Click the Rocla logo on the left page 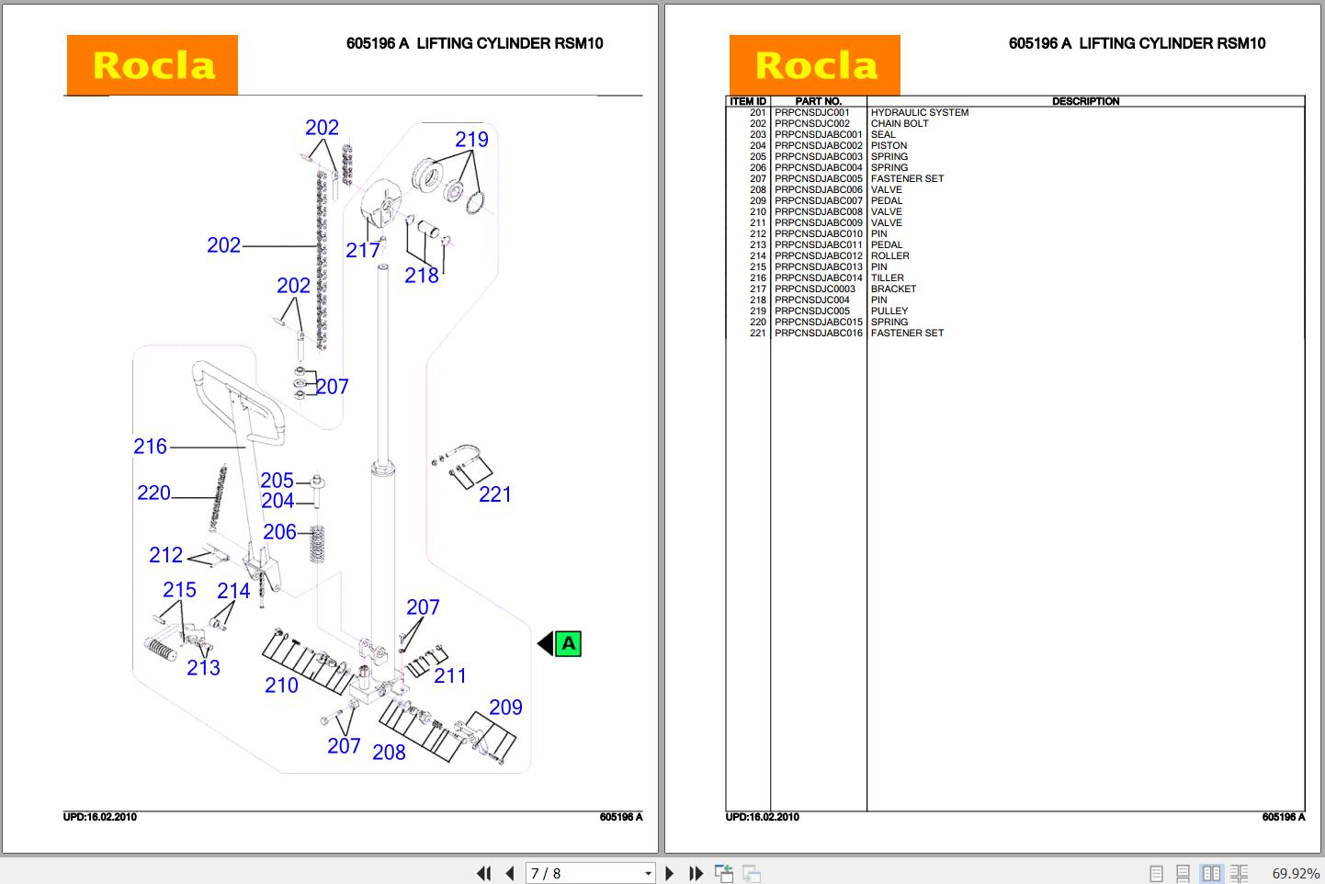[152, 65]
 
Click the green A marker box [569, 643]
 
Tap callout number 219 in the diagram [471, 140]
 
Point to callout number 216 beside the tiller [150, 447]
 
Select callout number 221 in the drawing [494, 494]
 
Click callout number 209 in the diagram [505, 708]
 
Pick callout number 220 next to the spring [153, 493]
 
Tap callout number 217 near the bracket [363, 250]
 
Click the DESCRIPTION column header [1085, 101]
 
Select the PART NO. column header [818, 101]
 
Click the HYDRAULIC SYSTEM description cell [919, 113]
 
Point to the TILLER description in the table [887, 278]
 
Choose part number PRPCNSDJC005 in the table [812, 312]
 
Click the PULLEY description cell [889, 312]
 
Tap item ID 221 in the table [757, 334]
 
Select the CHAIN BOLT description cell [899, 124]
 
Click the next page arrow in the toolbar [669, 873]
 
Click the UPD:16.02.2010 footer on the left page [99, 817]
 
